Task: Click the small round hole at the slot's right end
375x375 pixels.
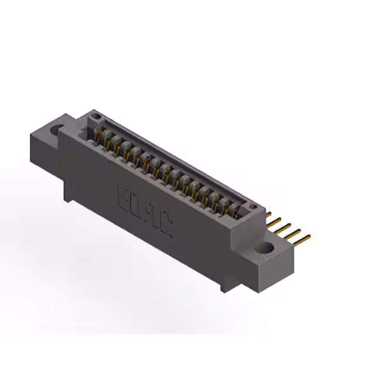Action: tap(253, 207)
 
